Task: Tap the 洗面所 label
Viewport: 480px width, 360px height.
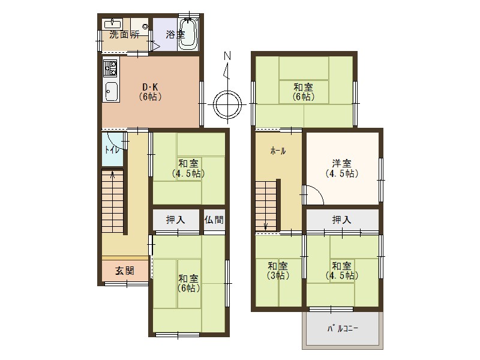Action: pyautogui.click(x=124, y=35)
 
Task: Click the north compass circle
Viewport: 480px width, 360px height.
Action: pyautogui.click(x=227, y=104)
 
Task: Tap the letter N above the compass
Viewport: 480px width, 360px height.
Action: pyautogui.click(x=227, y=56)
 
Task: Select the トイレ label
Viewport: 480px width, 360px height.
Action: pyautogui.click(x=112, y=150)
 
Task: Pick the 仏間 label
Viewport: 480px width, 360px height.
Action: pyautogui.click(x=214, y=220)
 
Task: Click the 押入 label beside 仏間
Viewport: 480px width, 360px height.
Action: pyautogui.click(x=175, y=220)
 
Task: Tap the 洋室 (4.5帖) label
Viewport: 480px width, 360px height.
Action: pyautogui.click(x=342, y=168)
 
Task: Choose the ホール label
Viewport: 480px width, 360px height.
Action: pyautogui.click(x=277, y=151)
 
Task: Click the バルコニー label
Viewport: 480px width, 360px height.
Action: pyautogui.click(x=343, y=329)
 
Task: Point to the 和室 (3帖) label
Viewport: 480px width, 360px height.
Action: pyautogui.click(x=277, y=271)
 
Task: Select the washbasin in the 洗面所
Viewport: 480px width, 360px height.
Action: pyautogui.click(x=113, y=25)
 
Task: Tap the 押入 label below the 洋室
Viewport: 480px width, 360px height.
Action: pyautogui.click(x=342, y=220)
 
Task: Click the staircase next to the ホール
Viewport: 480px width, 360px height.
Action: pyautogui.click(x=266, y=204)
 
